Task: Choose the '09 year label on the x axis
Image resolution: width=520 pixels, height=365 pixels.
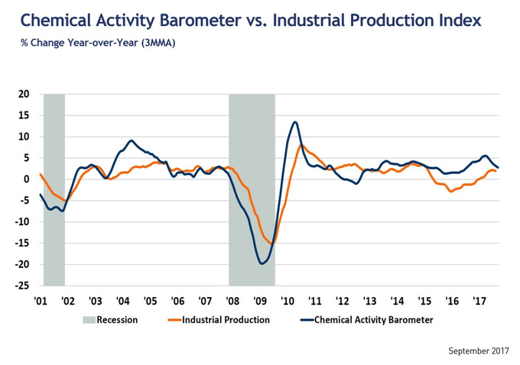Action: point(260,302)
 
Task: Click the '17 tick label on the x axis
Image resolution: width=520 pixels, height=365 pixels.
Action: point(479,302)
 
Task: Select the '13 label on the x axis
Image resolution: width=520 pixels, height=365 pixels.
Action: point(369,302)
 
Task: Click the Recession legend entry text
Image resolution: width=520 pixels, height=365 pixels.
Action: point(117,320)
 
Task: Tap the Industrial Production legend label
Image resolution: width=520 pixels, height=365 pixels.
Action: point(226,320)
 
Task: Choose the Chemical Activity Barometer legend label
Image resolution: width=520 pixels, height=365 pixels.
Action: point(373,320)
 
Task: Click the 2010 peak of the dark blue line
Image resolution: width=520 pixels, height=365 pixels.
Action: point(295,122)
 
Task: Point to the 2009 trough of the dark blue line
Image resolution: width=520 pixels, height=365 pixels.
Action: point(262,263)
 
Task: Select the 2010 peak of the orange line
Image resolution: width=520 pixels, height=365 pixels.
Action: point(301,145)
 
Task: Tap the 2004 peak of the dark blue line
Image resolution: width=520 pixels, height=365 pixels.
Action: point(132,141)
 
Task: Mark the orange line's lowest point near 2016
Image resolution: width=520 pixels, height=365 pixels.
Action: point(451,192)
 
